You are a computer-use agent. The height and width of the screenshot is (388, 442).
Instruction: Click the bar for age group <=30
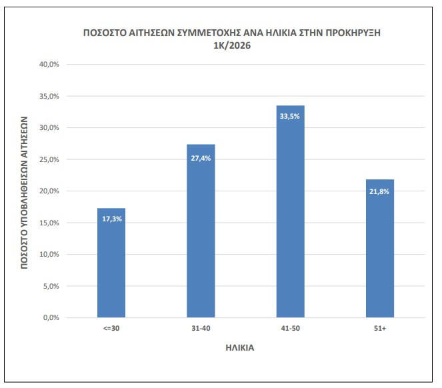tap(111, 263)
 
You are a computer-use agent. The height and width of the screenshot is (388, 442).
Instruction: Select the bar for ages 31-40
tap(201, 231)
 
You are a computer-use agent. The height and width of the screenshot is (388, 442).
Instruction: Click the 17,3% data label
tap(111, 219)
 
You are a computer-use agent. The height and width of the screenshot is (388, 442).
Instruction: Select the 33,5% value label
tap(290, 116)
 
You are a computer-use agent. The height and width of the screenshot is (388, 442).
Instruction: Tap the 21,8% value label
tap(380, 191)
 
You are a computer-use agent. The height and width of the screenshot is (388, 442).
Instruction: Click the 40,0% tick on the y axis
tap(51, 65)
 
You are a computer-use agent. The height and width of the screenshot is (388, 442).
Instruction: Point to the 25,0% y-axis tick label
tap(51, 160)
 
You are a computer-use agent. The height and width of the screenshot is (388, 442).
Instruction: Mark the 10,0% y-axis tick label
tap(51, 255)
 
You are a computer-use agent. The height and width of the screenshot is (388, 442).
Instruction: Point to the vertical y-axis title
tap(24, 191)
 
